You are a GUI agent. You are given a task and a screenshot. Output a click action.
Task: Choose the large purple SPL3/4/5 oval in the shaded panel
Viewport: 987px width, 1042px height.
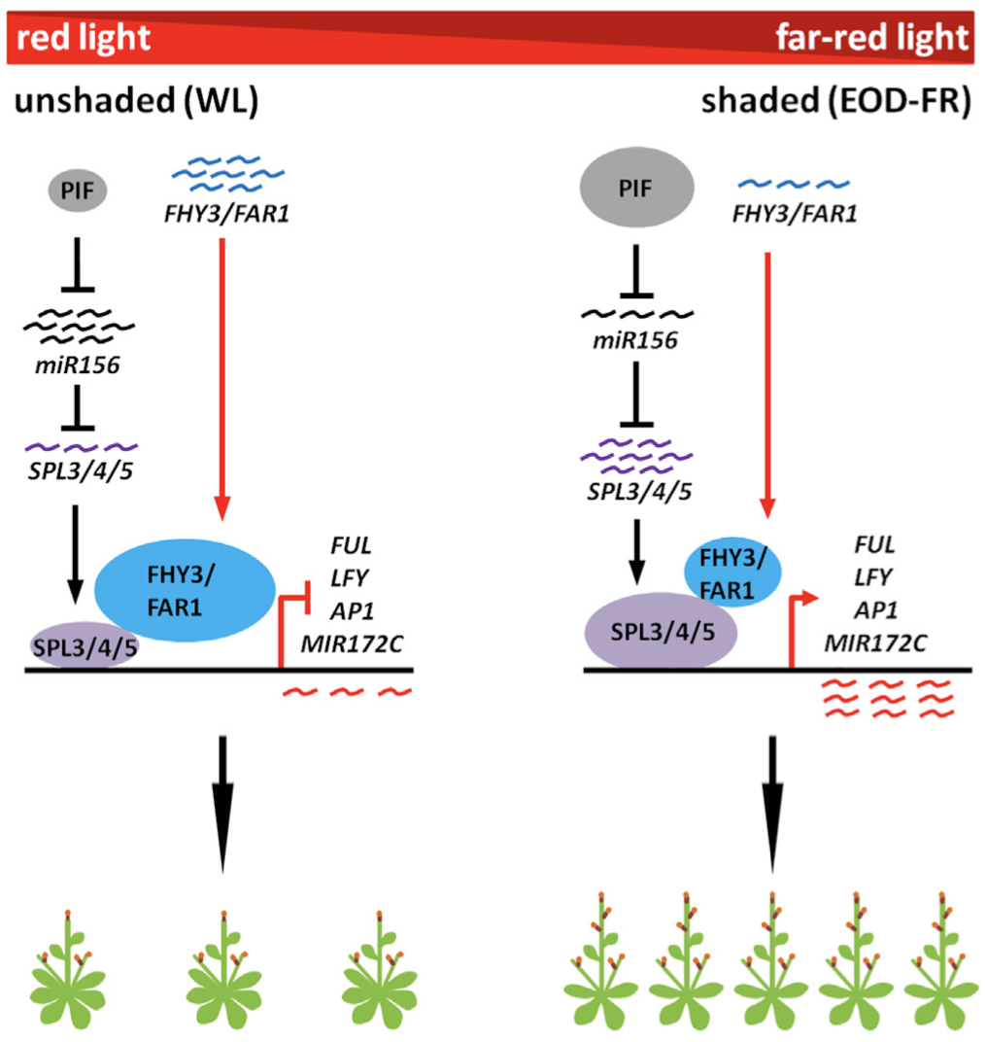pos(662,631)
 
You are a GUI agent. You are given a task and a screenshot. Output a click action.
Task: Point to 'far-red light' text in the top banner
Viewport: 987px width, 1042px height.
pos(871,38)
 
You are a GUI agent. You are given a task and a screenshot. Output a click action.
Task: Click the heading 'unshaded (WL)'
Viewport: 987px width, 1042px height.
pos(135,104)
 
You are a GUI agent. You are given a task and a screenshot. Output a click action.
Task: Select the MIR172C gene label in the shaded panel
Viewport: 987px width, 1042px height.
pos(875,643)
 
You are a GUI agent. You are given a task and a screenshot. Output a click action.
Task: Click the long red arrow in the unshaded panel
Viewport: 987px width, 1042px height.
pos(223,379)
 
